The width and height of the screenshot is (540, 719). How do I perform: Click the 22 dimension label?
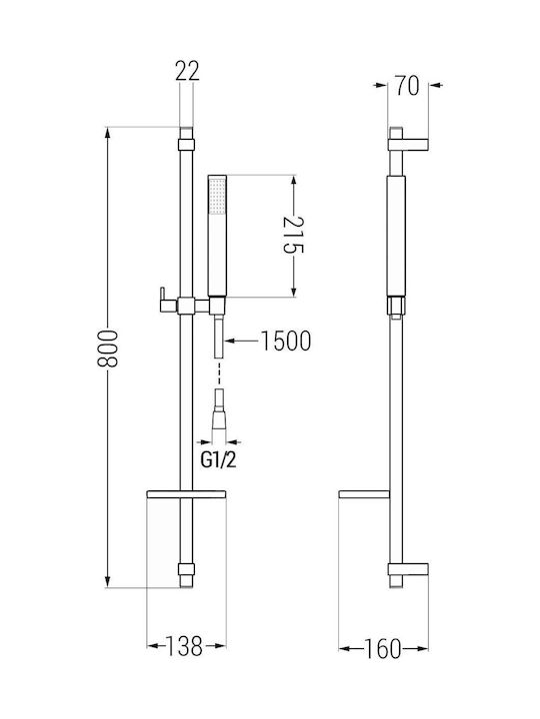(187, 72)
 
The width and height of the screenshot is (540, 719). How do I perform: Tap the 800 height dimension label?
(108, 349)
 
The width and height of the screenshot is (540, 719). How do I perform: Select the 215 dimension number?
(293, 235)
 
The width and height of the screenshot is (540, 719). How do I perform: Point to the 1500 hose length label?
(286, 341)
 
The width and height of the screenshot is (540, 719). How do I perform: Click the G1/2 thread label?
(219, 460)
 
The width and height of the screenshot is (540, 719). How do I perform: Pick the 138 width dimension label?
(184, 646)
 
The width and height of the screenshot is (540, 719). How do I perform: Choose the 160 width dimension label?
(382, 649)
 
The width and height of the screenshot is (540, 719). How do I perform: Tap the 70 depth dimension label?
(408, 85)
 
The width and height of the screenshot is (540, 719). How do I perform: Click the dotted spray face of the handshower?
(217, 196)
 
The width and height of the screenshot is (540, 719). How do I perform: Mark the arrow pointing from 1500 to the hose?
(242, 341)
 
